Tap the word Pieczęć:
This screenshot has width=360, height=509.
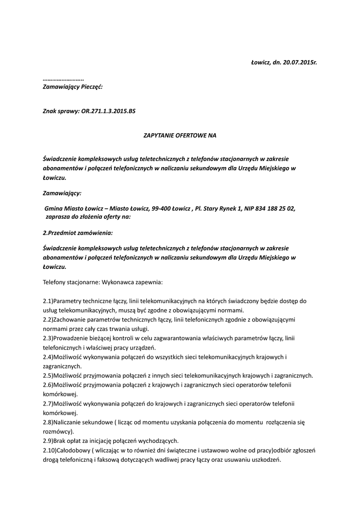[89, 86]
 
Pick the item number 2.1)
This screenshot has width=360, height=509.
[48, 301]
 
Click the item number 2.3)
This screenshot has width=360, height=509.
[48, 338]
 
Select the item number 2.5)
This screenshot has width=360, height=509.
[48, 375]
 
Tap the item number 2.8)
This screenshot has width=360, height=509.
[48, 422]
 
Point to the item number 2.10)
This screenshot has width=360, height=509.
[49, 450]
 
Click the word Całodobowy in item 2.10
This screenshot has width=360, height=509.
[73, 450]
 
